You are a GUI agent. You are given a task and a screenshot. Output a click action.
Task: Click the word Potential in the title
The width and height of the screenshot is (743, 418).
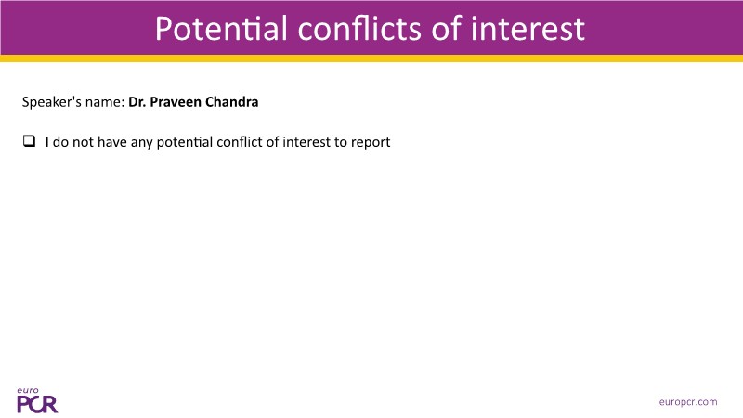pos(221,29)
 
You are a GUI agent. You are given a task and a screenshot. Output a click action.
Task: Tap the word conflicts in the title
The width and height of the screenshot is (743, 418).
pos(359,29)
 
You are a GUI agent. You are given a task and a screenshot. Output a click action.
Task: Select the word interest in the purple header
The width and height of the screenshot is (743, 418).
pos(528,29)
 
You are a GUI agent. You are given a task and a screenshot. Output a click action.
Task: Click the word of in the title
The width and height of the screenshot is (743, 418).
pos(447,29)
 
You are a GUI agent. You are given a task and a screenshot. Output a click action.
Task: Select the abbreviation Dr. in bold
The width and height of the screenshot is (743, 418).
pos(137,102)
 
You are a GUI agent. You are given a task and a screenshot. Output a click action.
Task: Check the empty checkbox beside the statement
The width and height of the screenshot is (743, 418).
pos(29,141)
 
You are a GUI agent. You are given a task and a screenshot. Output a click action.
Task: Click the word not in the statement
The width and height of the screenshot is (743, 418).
pos(83,142)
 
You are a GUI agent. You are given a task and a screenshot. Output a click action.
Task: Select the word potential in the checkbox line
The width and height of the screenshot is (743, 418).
pos(184,143)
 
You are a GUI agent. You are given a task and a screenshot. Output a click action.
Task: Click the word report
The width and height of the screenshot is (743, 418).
pos(371,143)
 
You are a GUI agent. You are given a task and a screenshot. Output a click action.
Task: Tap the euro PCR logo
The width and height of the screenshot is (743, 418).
pos(37,400)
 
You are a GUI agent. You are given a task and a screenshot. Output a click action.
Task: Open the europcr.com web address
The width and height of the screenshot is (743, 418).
pos(688,402)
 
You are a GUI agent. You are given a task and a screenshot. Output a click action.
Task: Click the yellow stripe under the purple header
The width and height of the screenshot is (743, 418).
pos(371,59)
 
